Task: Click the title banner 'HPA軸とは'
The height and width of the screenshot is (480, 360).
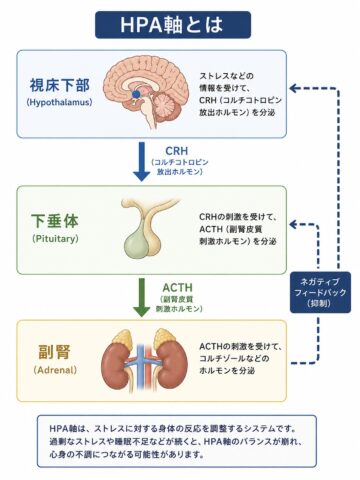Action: pyautogui.click(x=173, y=25)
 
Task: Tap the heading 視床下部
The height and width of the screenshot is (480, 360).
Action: pyautogui.click(x=60, y=85)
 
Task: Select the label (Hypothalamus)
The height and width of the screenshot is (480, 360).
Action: pyautogui.click(x=59, y=102)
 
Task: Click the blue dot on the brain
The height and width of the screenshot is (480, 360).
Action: pyautogui.click(x=135, y=94)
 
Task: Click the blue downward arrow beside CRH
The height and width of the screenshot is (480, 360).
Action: pyautogui.click(x=141, y=162)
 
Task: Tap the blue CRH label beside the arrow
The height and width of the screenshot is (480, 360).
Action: pyautogui.click(x=176, y=151)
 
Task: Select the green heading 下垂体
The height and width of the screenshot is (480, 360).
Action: pyautogui.click(x=55, y=221)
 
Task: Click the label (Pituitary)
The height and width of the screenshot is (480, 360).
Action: pyautogui.click(x=55, y=239)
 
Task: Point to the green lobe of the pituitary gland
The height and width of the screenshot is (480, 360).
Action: pyautogui.click(x=137, y=243)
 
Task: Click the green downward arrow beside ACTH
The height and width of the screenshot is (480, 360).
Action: pyautogui.click(x=141, y=298)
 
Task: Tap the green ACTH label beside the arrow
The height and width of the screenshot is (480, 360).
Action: pyautogui.click(x=177, y=287)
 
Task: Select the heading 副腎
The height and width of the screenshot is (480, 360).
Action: pyautogui.click(x=55, y=352)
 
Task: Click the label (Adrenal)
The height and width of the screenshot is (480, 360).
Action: pyautogui.click(x=55, y=370)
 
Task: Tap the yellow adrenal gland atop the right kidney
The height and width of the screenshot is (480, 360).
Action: pyautogui.click(x=164, y=336)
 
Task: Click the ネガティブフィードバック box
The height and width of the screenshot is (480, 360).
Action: pyautogui.click(x=320, y=292)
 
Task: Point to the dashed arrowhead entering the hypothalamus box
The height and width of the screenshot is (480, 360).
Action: pyautogui.click(x=293, y=88)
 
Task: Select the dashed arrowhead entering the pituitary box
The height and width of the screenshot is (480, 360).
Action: pyautogui.click(x=293, y=224)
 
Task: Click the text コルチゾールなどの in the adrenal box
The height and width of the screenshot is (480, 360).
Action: pyautogui.click(x=234, y=359)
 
